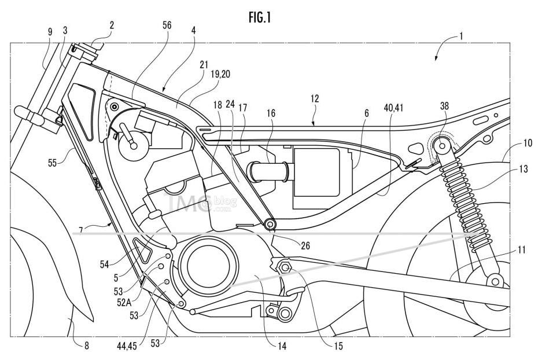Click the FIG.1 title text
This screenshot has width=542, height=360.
pos(260,17)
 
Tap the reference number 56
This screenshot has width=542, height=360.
pos(167,25)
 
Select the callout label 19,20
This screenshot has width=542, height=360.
pos(220,74)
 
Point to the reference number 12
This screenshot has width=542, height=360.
pos(315,99)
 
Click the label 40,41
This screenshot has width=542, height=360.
pos(393,108)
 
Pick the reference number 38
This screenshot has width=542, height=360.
pos(444,106)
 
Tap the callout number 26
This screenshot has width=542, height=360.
pos(305,245)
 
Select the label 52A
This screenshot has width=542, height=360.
pos(124,303)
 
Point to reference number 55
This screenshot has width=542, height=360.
pos(52,163)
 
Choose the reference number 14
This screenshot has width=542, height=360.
pos(282,346)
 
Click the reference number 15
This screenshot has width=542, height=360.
pos(338,346)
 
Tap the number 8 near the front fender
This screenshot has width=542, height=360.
pos(86,346)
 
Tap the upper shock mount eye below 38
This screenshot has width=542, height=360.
pos(442,146)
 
